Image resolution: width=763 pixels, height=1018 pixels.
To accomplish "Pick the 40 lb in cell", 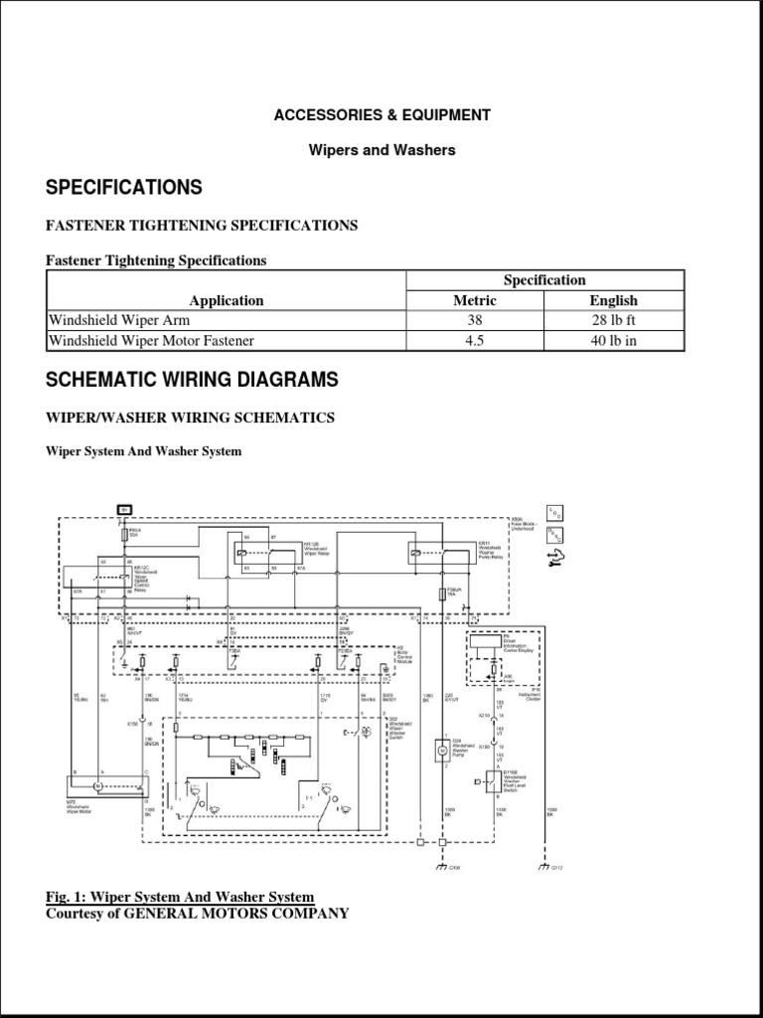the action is click(x=613, y=341).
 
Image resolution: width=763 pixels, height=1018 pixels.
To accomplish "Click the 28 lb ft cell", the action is click(x=613, y=321).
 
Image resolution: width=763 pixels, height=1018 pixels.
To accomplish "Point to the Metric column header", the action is click(x=475, y=300).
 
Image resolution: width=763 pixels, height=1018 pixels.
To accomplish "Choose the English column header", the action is click(x=613, y=300).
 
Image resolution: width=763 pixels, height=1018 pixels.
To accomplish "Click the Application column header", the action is click(x=227, y=300).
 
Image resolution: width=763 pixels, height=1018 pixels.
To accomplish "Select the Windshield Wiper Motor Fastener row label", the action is click(x=152, y=341).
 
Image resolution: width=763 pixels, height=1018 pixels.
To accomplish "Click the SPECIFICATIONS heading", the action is click(x=124, y=188).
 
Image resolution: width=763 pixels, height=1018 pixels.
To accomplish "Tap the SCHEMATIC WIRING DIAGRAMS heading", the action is click(x=192, y=380).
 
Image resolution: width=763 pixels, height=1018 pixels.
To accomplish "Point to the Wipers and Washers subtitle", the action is click(x=381, y=150).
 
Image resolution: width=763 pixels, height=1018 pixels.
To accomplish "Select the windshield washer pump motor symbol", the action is click(x=440, y=752).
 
